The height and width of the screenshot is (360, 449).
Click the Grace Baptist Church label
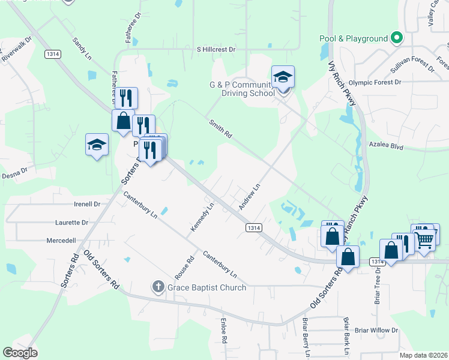coord(206,287)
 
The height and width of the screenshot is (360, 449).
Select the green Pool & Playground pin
coord(396,39)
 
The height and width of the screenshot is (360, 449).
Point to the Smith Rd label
coord(220,129)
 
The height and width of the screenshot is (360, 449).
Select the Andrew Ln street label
coord(249,196)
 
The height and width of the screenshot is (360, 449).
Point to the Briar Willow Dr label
coord(376,330)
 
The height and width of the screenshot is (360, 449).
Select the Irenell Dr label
coord(86,204)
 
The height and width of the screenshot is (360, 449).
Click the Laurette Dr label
coord(71,222)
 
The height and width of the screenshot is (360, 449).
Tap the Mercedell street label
coord(61,240)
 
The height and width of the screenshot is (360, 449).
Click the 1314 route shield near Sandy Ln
coord(53,54)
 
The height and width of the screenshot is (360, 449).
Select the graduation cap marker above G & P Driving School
coord(283,77)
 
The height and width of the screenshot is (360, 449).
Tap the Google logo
coord(20,353)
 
